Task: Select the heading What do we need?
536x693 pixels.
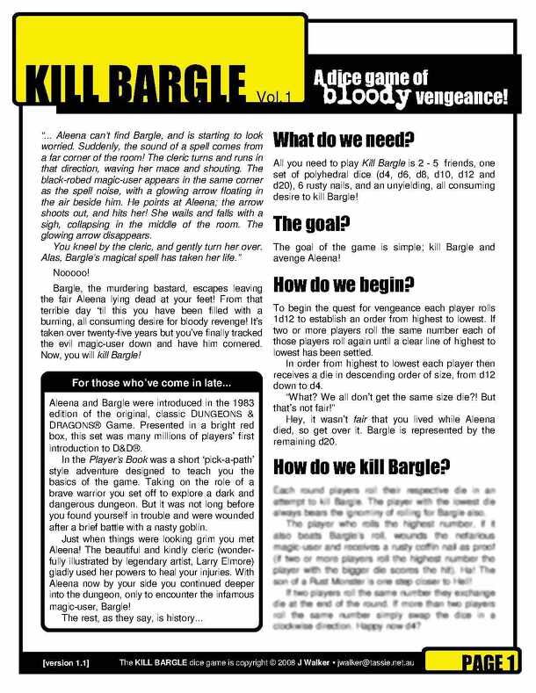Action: click(x=344, y=140)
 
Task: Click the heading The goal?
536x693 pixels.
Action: click(x=312, y=223)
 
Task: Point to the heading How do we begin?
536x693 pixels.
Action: click(x=344, y=285)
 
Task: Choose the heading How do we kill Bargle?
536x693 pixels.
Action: click(x=363, y=465)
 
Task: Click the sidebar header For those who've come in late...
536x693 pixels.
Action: click(x=151, y=383)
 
